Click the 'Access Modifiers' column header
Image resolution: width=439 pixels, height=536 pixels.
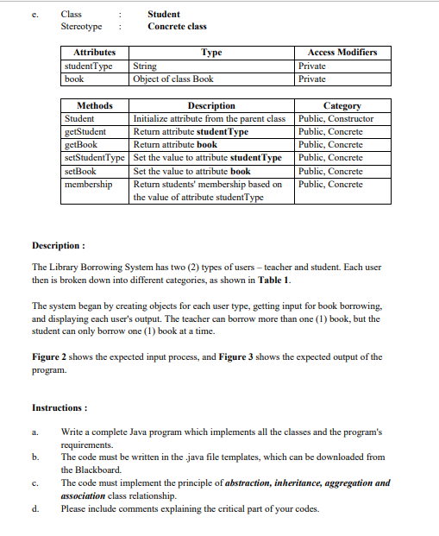point(342,53)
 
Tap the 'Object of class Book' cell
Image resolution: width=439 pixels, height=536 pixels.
point(172,79)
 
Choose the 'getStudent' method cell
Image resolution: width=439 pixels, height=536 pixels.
point(85,131)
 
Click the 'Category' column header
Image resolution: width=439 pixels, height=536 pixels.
point(342,105)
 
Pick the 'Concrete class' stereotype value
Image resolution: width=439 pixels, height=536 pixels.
point(177,27)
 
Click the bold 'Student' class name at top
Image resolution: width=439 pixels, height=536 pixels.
point(164,14)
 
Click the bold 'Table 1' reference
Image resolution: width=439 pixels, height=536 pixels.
point(274,281)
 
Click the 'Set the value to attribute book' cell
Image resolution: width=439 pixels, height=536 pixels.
point(192,171)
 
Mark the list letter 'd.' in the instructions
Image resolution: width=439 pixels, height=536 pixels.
point(35,508)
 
